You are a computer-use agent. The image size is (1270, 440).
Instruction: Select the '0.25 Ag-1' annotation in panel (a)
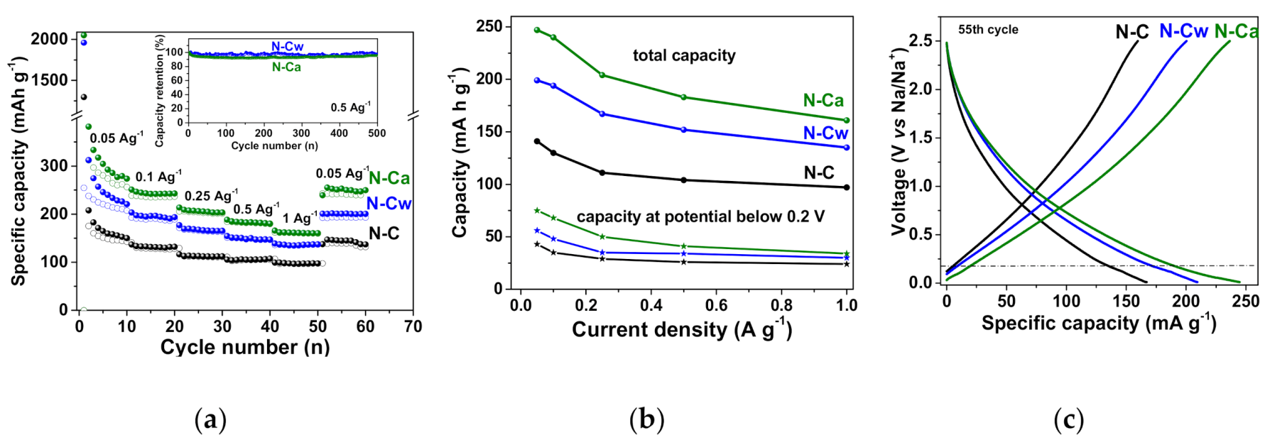[x=211, y=195]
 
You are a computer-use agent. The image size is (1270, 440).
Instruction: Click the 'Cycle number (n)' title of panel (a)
[x=245, y=347]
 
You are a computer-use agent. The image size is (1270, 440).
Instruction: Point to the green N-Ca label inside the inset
[x=286, y=67]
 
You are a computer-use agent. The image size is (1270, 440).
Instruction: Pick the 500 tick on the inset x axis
[x=377, y=133]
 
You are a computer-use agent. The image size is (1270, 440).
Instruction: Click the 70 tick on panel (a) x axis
[x=413, y=326]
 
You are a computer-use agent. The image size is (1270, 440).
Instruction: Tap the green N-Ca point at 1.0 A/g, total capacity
[x=846, y=121]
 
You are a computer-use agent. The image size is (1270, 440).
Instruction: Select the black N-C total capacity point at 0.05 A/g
[x=537, y=141]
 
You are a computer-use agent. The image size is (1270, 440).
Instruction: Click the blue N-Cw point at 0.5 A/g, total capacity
[x=683, y=130]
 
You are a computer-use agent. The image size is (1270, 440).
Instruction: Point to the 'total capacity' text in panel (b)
[x=684, y=55]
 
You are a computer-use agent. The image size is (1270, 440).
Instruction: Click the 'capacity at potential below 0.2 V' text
[x=700, y=216]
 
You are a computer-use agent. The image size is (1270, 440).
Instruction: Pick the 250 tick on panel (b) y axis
[x=489, y=26]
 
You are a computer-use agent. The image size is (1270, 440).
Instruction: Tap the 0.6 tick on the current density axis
[x=716, y=305]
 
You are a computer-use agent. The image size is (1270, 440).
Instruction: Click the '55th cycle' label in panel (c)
[x=988, y=30]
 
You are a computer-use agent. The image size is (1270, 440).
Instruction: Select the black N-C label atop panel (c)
[x=1131, y=32]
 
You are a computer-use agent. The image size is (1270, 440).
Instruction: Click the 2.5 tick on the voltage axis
[x=921, y=40]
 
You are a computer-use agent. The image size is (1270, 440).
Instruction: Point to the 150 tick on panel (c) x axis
[x=1126, y=301]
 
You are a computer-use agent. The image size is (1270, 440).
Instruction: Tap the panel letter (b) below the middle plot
[x=646, y=419]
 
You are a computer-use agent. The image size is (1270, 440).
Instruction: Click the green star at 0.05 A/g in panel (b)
[x=537, y=211]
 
